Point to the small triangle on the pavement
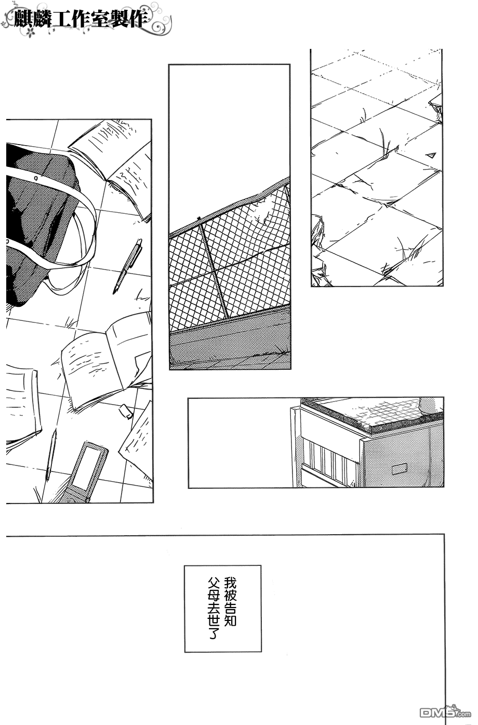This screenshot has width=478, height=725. pos(431,155)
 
